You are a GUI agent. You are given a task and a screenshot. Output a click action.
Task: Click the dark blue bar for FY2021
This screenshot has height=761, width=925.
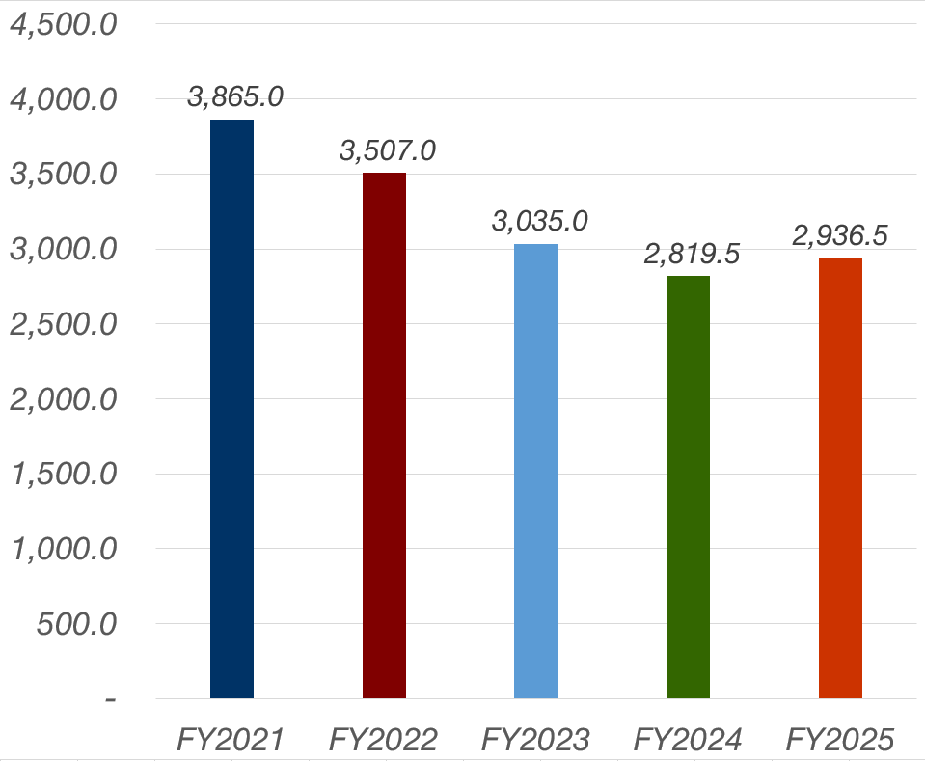coord(231,409)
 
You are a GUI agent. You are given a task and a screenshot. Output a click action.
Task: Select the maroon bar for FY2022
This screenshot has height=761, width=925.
coord(384,435)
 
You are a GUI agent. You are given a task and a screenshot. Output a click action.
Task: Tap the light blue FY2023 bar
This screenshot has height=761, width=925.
coord(536,471)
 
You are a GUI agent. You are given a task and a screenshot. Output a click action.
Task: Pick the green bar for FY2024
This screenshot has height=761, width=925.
coord(688,487)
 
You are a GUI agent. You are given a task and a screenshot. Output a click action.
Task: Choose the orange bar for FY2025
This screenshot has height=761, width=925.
coord(840,478)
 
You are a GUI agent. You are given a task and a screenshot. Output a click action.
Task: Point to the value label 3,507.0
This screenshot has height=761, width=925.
coord(387,150)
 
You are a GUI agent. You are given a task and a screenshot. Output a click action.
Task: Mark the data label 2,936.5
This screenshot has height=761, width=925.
coord(840,234)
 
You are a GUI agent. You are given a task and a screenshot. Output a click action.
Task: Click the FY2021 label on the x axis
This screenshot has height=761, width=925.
coord(231,739)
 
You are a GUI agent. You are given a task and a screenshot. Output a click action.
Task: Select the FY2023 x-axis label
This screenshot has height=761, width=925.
coord(535,739)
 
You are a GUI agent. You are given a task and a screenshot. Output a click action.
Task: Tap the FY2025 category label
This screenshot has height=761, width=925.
coord(840,739)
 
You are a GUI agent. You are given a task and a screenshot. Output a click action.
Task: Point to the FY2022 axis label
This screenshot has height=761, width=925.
coord(384,739)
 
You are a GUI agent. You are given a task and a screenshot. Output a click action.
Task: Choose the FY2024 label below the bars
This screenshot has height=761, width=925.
coord(688,739)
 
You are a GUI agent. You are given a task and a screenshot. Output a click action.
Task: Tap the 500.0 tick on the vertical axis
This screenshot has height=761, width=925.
coord(76,624)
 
